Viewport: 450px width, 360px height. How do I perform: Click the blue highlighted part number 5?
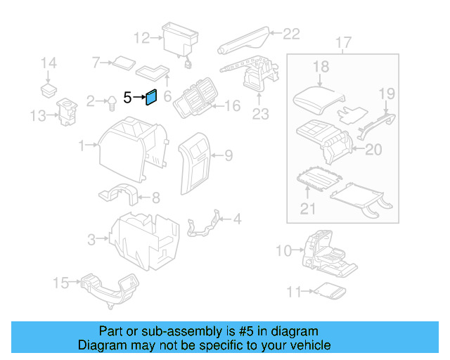[x=151, y=98]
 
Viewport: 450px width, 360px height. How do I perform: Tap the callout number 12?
[x=141, y=37]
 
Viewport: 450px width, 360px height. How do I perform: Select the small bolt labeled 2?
[x=111, y=103]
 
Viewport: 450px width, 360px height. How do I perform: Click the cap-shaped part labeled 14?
[x=49, y=89]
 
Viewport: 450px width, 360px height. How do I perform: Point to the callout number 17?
[x=342, y=44]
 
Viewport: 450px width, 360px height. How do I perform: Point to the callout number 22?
[x=291, y=33]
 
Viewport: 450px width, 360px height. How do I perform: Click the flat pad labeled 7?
[x=123, y=62]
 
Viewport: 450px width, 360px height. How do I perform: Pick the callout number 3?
[x=91, y=240]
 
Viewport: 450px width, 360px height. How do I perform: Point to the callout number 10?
[x=283, y=250]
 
